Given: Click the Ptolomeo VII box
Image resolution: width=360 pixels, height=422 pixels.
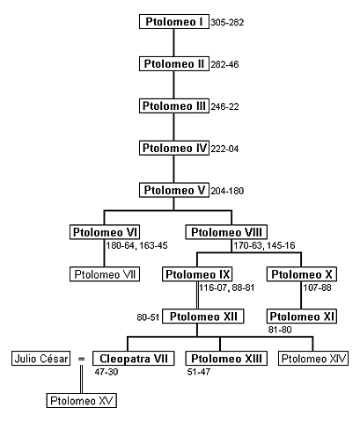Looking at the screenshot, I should pos(105,274).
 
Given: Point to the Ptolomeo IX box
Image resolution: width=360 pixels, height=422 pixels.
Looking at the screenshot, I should pos(196,274).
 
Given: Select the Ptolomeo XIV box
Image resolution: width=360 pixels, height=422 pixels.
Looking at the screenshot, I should pos(312,358).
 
